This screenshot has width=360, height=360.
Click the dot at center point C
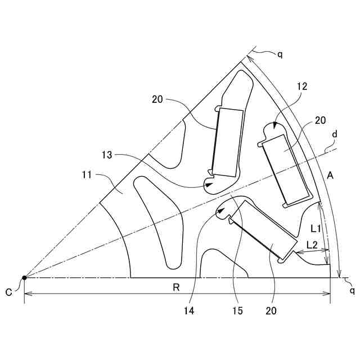coord(24,277)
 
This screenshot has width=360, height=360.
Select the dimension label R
coord(176,287)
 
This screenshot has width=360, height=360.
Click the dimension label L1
coord(316,228)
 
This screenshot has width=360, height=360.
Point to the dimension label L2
coord(313,245)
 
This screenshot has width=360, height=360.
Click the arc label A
coord(331,176)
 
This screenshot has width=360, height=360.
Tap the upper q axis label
coord(280,54)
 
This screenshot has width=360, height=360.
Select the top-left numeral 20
coord(157,100)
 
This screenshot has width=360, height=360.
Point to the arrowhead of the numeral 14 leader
coord(223,211)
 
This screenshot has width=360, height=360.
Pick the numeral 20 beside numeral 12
coord(321,120)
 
